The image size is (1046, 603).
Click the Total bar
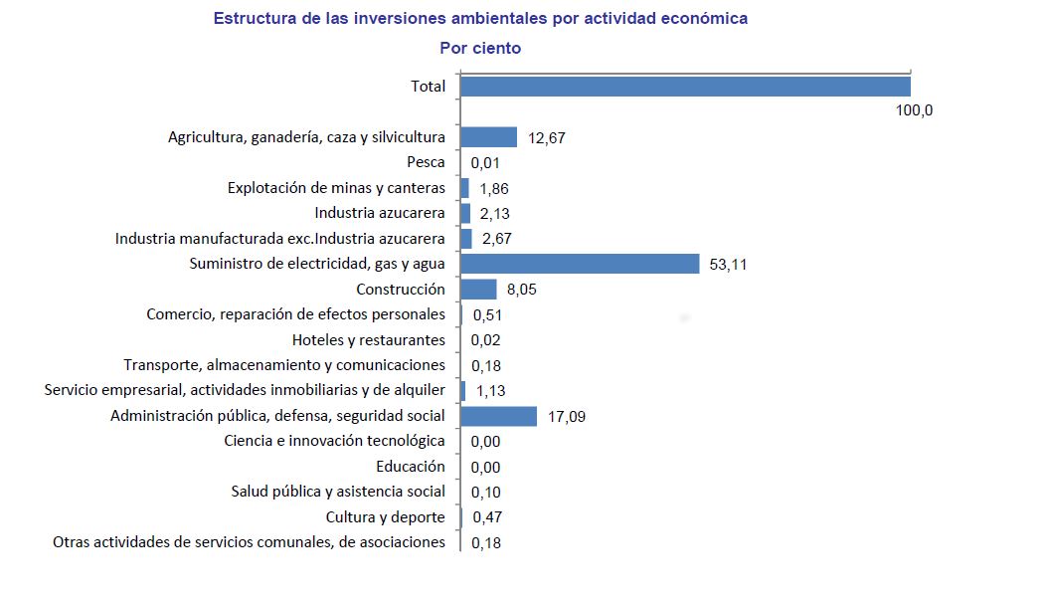coord(685,87)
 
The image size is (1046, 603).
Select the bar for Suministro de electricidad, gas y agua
coord(581,264)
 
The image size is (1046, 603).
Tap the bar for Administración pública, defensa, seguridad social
coord(499,416)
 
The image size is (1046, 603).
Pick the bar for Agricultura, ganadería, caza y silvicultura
coord(489,137)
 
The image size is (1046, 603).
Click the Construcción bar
coord(478,290)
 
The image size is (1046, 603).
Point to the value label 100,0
coord(914,111)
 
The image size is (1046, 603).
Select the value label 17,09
coord(567,417)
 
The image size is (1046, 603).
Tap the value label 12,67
coord(547,138)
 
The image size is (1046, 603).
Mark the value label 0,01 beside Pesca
coord(485,163)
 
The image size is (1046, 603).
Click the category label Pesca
coord(426,162)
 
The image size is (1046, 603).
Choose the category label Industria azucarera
coord(380,213)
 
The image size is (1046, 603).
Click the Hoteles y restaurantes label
coord(369,340)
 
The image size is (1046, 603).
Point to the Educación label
coord(411,467)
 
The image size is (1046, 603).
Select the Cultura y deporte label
coord(386,517)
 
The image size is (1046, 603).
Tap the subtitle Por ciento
coord(480,48)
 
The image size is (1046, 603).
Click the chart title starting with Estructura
coord(480,19)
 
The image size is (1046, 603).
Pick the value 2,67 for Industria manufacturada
coord(497,239)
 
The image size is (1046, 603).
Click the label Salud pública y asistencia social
coord(338,492)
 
